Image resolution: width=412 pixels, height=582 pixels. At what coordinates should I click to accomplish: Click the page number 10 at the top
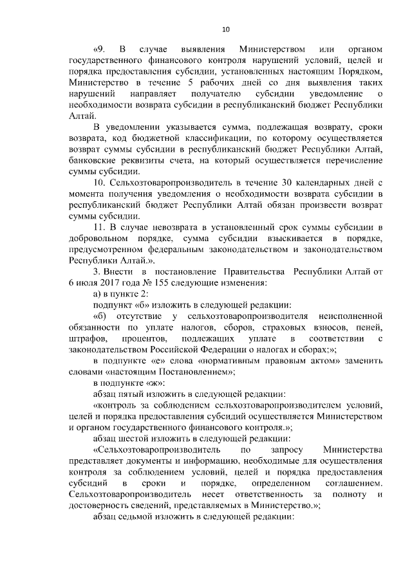click(x=225, y=29)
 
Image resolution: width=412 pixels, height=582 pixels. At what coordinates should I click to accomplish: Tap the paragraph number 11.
click(x=100, y=229)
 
